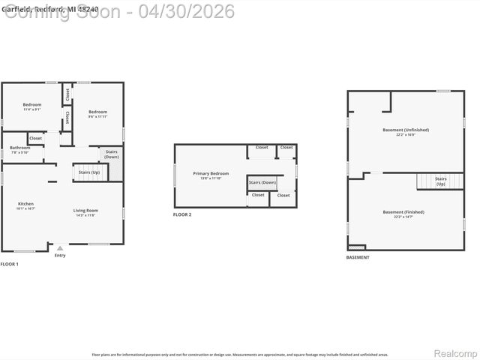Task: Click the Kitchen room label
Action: pyautogui.click(x=25, y=205)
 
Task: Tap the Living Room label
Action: pyautogui.click(x=86, y=212)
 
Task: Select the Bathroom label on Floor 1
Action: pyautogui.click(x=20, y=149)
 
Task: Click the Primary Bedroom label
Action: pyautogui.click(x=211, y=175)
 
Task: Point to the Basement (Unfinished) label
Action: pyautogui.click(x=405, y=132)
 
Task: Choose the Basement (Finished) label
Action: pyautogui.click(x=403, y=214)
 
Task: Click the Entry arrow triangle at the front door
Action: pyautogui.click(x=60, y=247)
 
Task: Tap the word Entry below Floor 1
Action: pyautogui.click(x=60, y=256)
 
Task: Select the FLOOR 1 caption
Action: pyautogui.click(x=10, y=265)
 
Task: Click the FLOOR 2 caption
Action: pyautogui.click(x=182, y=215)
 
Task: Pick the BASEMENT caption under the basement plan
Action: pyautogui.click(x=358, y=257)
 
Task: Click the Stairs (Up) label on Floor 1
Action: pyautogui.click(x=89, y=172)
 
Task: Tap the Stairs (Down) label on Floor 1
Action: pyautogui.click(x=112, y=154)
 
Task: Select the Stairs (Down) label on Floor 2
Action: pyautogui.click(x=262, y=182)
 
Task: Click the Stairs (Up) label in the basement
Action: pyautogui.click(x=441, y=181)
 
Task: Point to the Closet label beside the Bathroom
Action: pyautogui.click(x=36, y=138)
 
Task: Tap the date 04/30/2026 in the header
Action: pyautogui.click(x=191, y=11)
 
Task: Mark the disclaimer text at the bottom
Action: pyautogui.click(x=240, y=354)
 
